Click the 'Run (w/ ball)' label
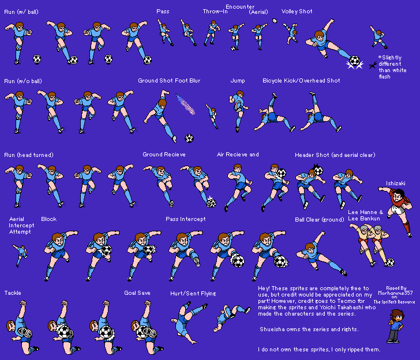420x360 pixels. pos(21,12)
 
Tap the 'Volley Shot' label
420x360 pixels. pos(297,12)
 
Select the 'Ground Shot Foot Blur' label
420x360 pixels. pos(169,81)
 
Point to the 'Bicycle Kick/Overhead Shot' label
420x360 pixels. pos(301,81)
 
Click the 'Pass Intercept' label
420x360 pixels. pos(186,219)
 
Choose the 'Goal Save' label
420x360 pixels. pos(137,293)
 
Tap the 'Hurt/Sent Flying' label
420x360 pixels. pos(193,294)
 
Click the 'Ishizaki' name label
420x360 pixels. pos(395,183)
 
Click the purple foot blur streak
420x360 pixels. pos(185,104)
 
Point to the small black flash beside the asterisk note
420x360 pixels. pos(373,65)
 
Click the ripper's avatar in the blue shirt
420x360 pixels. pos(395,326)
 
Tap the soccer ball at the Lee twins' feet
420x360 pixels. pos(390,262)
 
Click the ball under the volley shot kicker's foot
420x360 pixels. pos(354,61)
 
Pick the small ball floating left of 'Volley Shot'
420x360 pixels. pos(275,21)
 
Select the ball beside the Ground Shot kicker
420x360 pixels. pos(189,138)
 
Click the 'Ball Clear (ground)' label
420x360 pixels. pos(319,220)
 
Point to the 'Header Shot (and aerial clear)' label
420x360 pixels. pos(335,155)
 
